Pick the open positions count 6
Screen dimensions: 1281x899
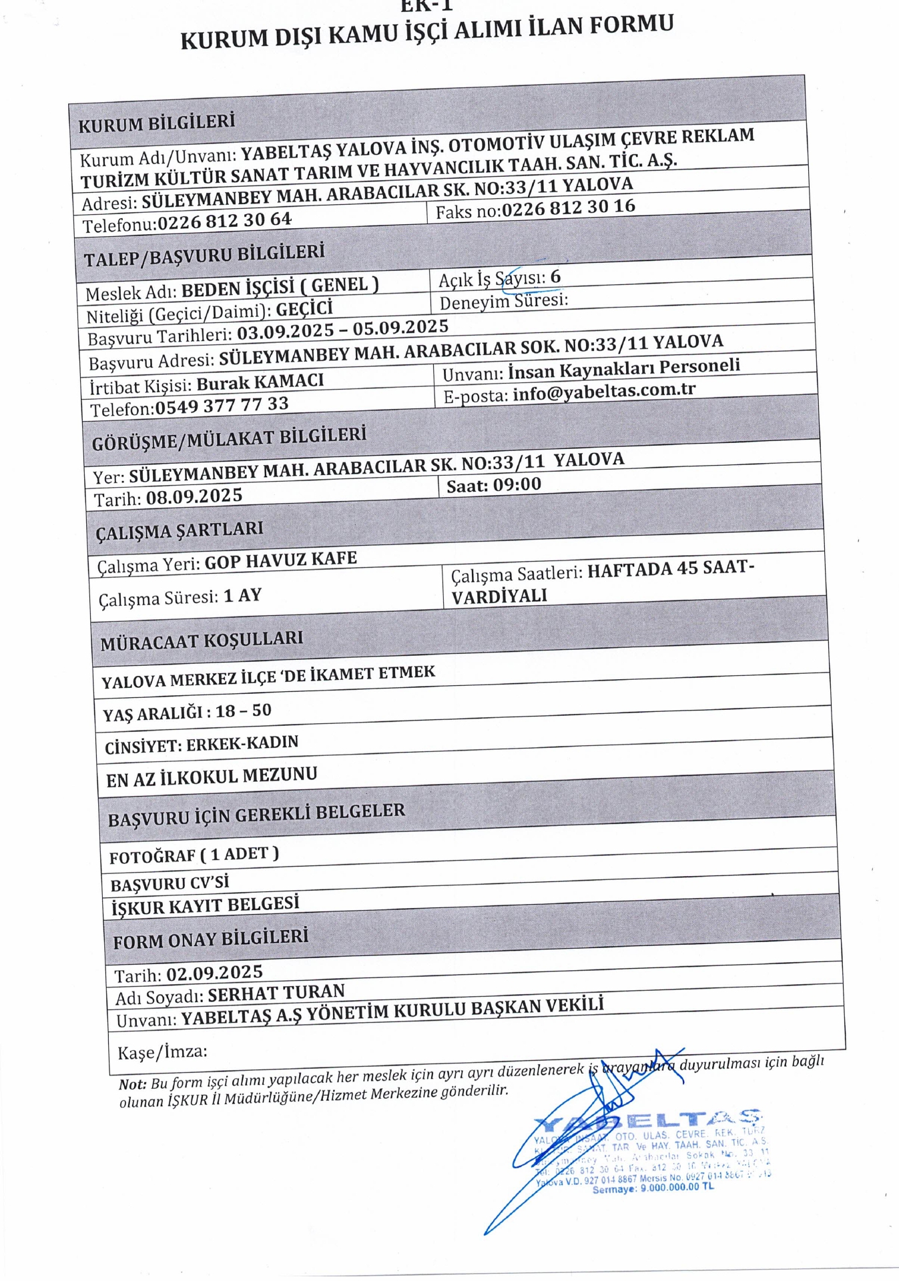click(x=555, y=276)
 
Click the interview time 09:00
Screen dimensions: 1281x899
click(x=517, y=484)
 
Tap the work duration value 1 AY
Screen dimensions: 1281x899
click(x=242, y=595)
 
